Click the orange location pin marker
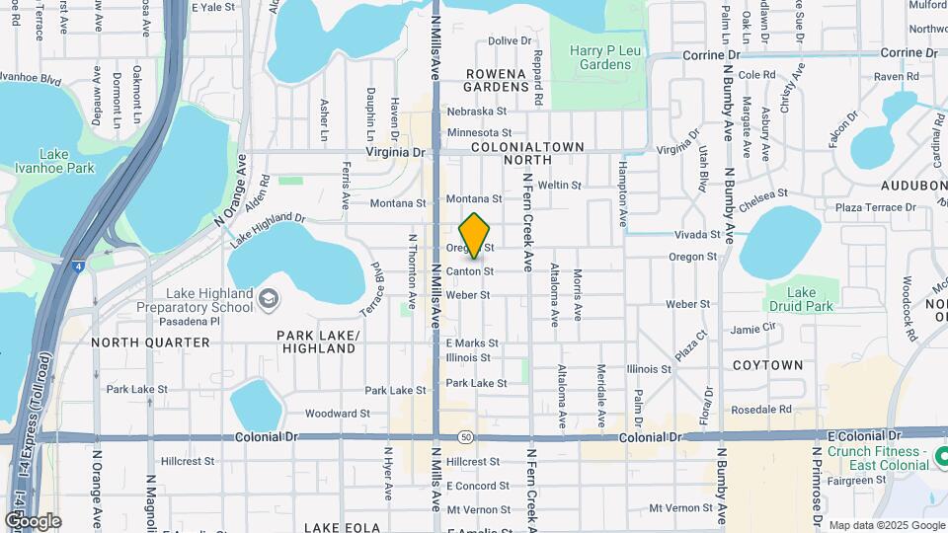tap(475, 235)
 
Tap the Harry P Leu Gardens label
tap(599, 57)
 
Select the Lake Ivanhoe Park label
tap(54, 161)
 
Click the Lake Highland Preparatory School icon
tap(269, 298)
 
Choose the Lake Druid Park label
tap(801, 299)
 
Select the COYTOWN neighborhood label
tap(767, 365)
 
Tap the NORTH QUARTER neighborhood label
tap(150, 343)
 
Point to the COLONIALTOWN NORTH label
tap(527, 152)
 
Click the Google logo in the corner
tap(33, 520)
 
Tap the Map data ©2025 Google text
tap(886, 525)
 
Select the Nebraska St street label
tap(476, 112)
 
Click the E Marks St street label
tap(472, 343)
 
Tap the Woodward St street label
tap(337, 414)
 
